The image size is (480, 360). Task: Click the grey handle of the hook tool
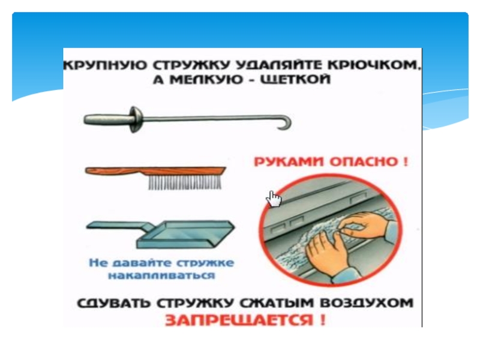coord(106,119)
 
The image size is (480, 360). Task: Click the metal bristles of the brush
coord(185,182)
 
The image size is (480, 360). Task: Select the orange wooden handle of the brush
coord(155,171)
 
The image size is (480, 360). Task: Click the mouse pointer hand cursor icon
coord(274,199)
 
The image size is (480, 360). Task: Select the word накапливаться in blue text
coord(162,275)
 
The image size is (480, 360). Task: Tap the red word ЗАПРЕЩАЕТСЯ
coord(239,320)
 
